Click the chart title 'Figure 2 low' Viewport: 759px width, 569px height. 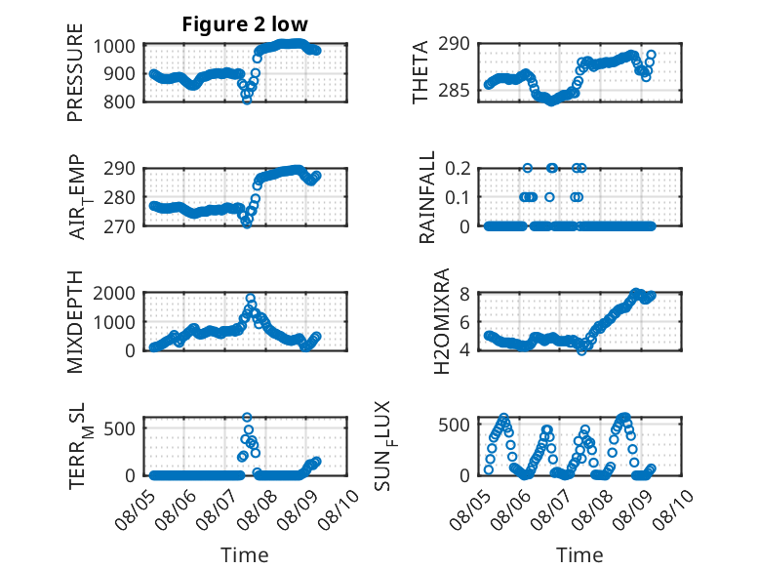point(245,24)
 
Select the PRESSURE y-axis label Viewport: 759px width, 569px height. point(75,72)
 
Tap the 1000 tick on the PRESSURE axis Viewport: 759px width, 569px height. point(114,47)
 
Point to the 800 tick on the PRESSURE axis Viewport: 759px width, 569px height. point(119,102)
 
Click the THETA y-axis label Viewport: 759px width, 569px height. point(420,72)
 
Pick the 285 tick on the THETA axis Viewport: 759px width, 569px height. point(454,90)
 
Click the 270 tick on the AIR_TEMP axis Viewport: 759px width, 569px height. point(119,226)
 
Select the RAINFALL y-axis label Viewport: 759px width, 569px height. point(427,197)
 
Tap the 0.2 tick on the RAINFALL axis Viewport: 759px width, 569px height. point(458,169)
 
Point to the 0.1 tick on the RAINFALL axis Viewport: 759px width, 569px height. point(458,197)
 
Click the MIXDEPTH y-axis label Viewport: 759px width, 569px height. point(75,322)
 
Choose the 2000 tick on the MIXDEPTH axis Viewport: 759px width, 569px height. point(114,293)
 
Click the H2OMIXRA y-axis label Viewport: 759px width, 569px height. point(442,321)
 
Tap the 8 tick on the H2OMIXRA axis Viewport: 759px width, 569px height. point(464,294)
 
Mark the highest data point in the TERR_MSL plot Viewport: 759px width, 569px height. point(247,417)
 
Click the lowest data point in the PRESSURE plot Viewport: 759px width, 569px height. point(247,100)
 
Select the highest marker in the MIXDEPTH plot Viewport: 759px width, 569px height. point(251,299)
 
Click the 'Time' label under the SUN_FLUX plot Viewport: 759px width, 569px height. point(579,555)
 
